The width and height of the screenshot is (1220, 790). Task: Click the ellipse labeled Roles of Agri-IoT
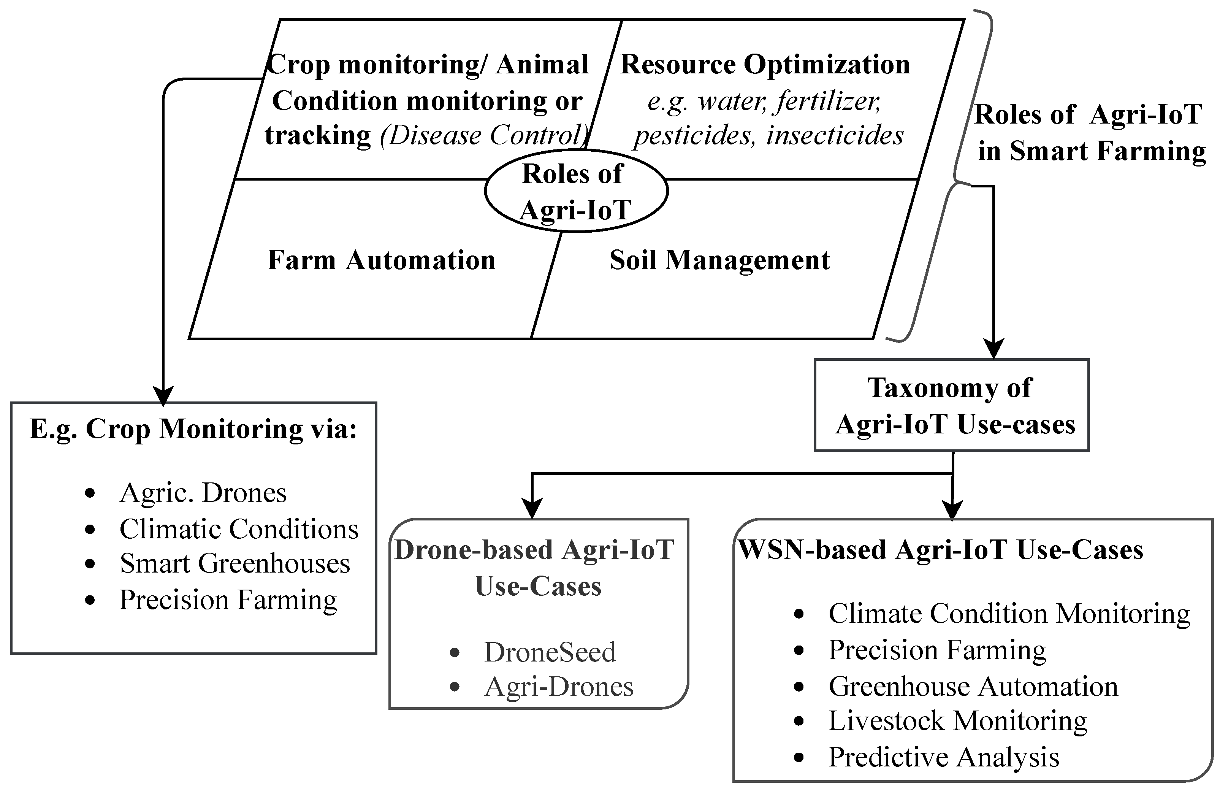click(576, 191)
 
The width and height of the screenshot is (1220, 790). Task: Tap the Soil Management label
click(719, 260)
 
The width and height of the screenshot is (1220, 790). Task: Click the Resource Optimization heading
click(765, 65)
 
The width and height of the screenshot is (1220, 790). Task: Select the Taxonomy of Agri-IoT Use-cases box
click(951, 405)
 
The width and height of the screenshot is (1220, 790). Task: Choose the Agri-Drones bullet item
click(559, 687)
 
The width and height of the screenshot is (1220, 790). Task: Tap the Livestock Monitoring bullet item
click(957, 720)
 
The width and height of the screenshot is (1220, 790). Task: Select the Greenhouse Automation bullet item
click(973, 686)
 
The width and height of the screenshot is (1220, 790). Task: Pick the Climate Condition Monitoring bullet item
click(1008, 613)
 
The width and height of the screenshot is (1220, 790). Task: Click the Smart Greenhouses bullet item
click(234, 563)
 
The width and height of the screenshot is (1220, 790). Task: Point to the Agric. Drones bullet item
click(203, 493)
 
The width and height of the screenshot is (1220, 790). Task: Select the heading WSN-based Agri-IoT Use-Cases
click(941, 550)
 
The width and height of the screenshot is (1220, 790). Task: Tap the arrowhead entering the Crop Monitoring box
click(163, 397)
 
